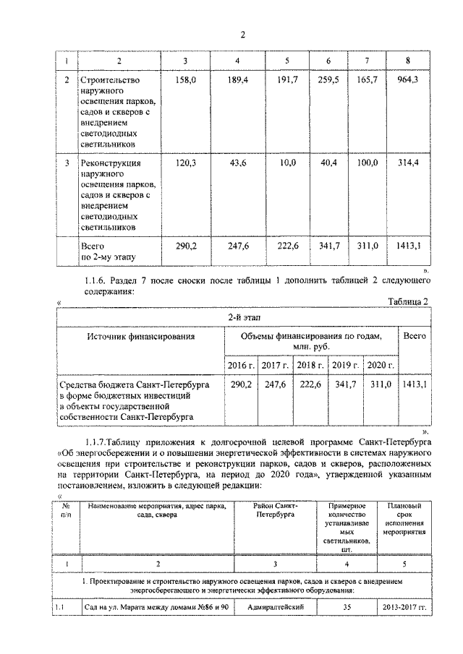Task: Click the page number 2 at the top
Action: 243,35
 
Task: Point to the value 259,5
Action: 329,79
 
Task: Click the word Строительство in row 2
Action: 110,80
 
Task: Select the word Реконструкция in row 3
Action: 111,164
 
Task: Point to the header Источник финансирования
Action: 141,336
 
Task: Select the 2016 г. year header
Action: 240,366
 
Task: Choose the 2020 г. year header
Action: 381,366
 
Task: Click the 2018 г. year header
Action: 310,366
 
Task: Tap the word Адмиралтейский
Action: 274,607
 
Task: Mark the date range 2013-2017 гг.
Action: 405,607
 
